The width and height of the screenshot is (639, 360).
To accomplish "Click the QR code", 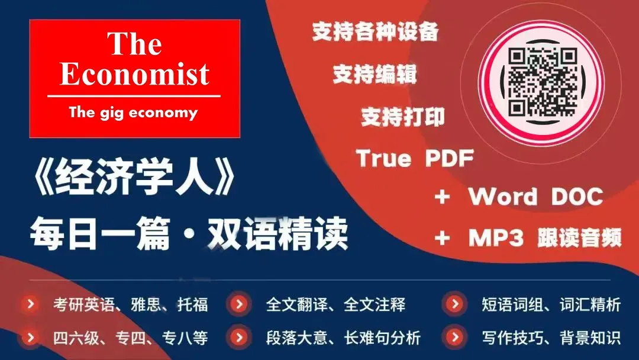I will pyautogui.click(x=543, y=82).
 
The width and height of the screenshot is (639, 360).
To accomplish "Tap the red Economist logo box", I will pyautogui.click(x=135, y=79).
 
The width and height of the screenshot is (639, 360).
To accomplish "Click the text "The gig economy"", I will pyautogui.click(x=133, y=112).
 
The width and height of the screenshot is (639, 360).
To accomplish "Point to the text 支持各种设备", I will pyautogui.click(x=376, y=33).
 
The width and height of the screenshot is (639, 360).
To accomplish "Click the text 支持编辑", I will pyautogui.click(x=375, y=75).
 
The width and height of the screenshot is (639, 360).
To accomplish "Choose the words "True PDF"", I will pyautogui.click(x=415, y=159).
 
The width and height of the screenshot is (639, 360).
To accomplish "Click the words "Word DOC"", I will pyautogui.click(x=536, y=197).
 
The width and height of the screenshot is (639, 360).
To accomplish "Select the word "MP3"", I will pyautogui.click(x=496, y=238).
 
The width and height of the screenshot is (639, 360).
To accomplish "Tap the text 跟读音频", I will pyautogui.click(x=580, y=238).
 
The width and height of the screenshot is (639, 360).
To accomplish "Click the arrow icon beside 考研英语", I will pyautogui.click(x=30, y=304).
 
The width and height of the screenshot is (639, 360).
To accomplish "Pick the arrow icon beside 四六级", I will pyautogui.click(x=30, y=338).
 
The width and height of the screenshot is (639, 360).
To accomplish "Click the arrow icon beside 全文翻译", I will pyautogui.click(x=239, y=304).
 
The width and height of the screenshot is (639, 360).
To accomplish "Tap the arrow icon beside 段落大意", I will pyautogui.click(x=239, y=338).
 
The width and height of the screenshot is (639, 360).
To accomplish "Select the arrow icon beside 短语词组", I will pyautogui.click(x=454, y=304).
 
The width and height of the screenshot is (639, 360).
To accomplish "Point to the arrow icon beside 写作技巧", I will pyautogui.click(x=454, y=338).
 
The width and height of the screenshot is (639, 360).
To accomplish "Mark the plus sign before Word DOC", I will pyautogui.click(x=442, y=197).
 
